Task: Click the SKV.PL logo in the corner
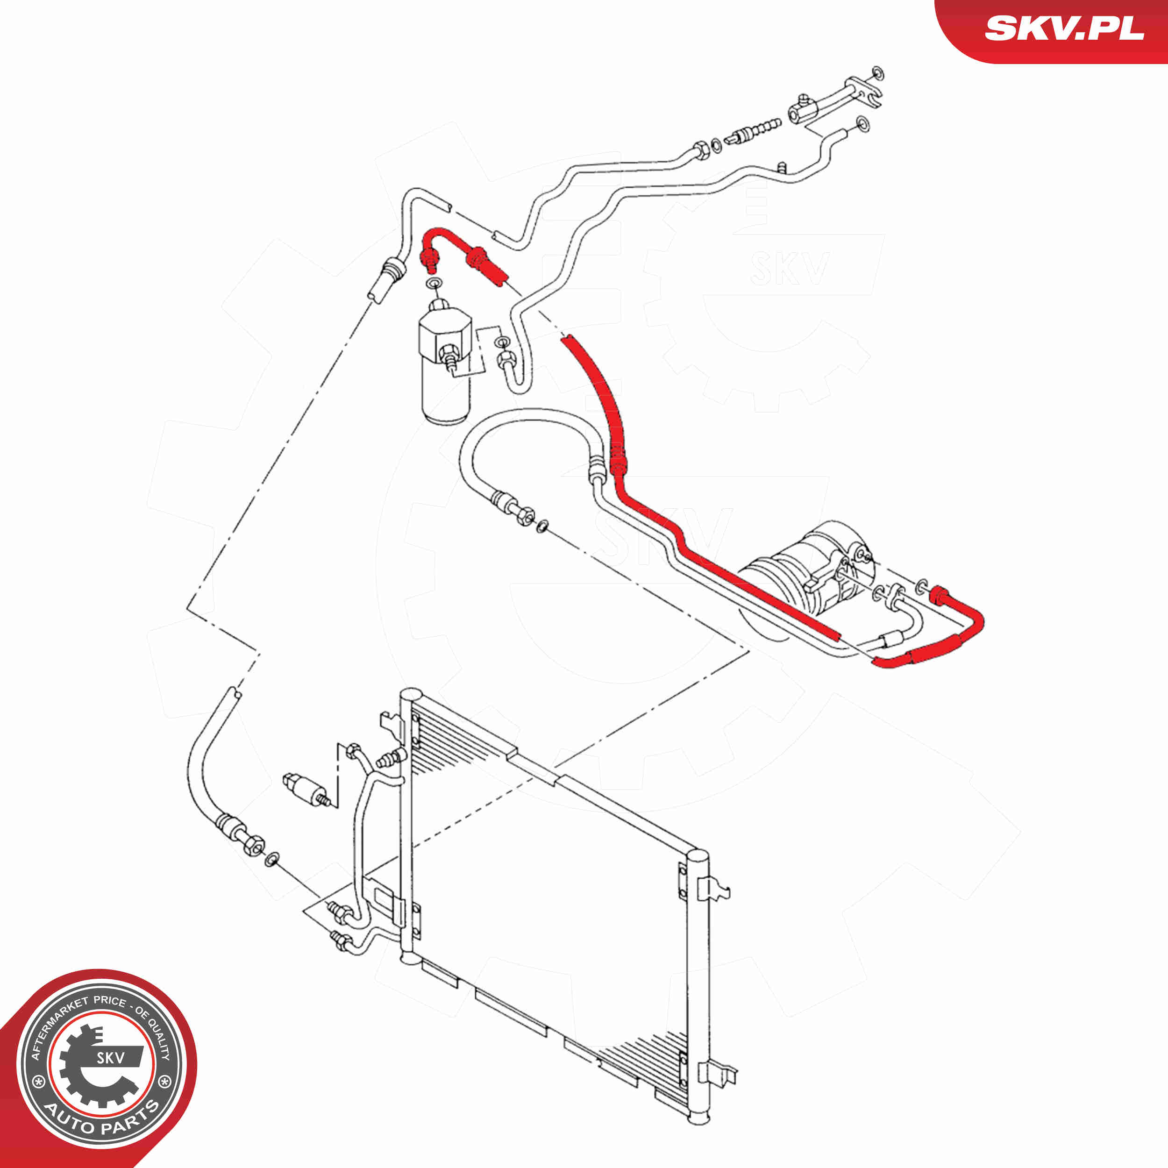point(1064,28)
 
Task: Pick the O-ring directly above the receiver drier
point(434,284)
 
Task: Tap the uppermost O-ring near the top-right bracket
point(878,74)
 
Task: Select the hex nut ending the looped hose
point(524,516)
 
